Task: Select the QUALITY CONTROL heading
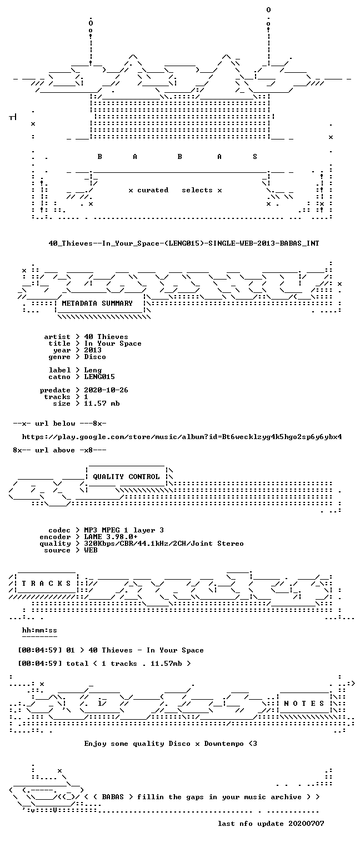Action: (126, 477)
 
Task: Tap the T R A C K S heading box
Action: (46, 584)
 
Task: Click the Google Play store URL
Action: (182, 437)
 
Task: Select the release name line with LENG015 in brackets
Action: (184, 243)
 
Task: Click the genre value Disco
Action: (95, 357)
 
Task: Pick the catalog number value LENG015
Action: (99, 377)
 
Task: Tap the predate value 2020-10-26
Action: (106, 390)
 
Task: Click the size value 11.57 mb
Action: (102, 403)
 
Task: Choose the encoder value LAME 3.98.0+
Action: (111, 537)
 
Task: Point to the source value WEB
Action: (91, 550)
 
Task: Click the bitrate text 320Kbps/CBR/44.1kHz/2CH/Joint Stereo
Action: (164, 544)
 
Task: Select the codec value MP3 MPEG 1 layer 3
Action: (124, 530)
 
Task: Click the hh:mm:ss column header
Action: (39, 630)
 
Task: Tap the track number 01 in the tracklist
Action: (71, 650)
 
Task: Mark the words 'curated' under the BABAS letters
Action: (153, 190)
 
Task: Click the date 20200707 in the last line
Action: (306, 824)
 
